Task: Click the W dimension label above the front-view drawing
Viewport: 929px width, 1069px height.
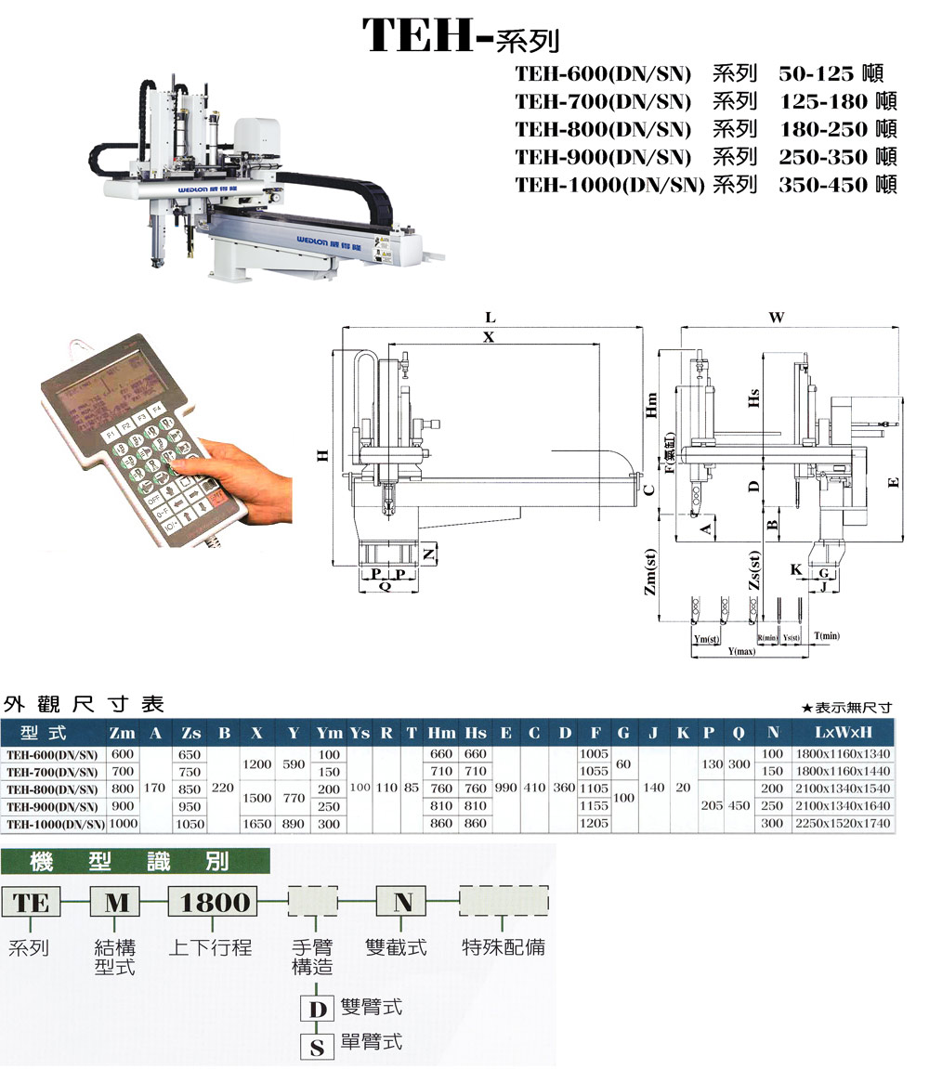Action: (x=777, y=318)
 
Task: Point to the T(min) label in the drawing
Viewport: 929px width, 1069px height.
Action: (x=826, y=636)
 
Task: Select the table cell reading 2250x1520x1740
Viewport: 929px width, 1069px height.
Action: (x=844, y=824)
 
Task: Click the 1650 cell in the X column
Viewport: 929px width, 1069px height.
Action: (x=256, y=824)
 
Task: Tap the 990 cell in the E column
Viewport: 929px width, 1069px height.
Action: (x=506, y=789)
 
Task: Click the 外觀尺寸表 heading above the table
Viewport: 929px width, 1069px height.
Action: (x=84, y=703)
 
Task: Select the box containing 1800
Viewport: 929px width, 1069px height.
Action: (x=214, y=902)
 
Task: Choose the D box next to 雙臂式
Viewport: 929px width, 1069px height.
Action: (x=317, y=1009)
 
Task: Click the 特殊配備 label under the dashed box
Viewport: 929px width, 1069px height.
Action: (x=504, y=947)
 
